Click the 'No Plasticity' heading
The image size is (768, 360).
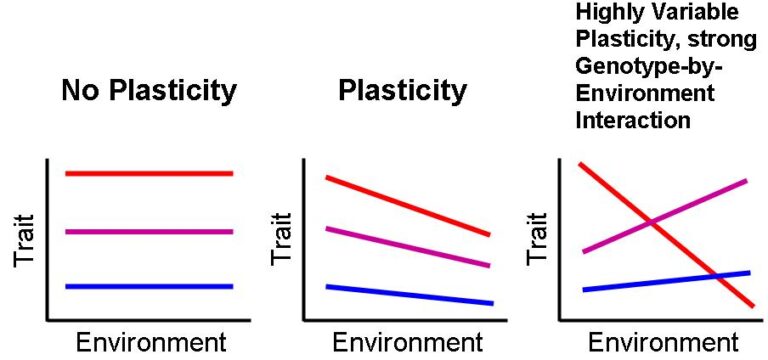pos(149,91)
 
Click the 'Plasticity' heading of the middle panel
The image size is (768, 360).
pos(402,91)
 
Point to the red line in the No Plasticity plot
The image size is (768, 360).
pos(149,173)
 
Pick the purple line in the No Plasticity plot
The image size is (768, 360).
pos(149,231)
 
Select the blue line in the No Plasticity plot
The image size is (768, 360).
pos(149,286)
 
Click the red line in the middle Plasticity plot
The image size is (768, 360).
pos(407,206)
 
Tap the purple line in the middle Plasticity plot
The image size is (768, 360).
pos(407,247)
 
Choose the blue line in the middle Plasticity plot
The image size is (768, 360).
pos(407,295)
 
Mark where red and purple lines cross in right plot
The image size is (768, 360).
pos(651,220)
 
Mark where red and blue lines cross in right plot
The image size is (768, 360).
pos(716,275)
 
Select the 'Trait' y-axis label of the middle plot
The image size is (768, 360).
pos(283,239)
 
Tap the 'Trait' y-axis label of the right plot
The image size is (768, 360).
pos(539,239)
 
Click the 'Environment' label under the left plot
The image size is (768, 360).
pos(151,343)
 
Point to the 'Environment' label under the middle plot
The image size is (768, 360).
pos(407,343)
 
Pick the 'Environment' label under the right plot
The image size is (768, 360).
pos(663,343)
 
